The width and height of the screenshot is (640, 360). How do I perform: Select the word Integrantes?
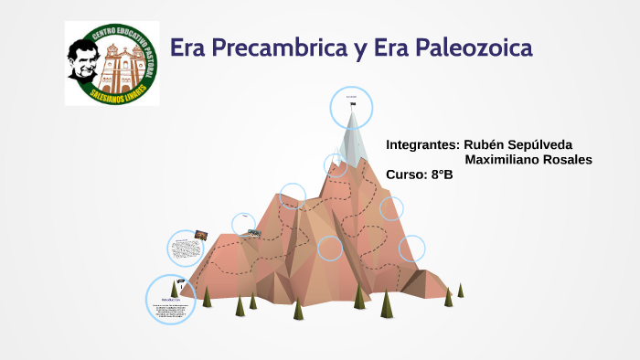pos(422,145)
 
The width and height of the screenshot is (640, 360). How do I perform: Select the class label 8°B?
pos(442,175)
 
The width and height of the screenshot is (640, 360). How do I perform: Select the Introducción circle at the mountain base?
pos(171,300)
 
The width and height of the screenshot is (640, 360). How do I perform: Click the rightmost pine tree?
pos(461,290)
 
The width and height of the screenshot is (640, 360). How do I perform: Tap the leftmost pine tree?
pos(208,296)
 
